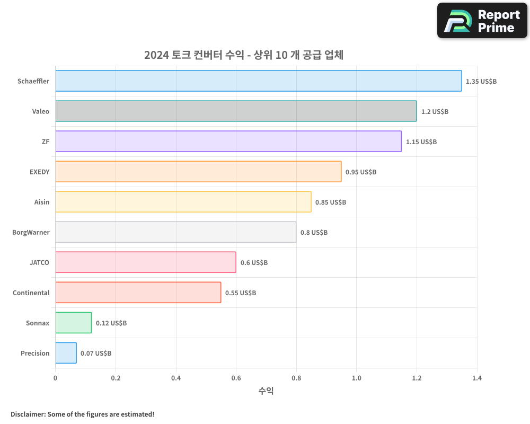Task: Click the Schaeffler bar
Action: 259,81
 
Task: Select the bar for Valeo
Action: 236,111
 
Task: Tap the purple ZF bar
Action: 228,142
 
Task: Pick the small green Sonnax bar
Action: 73,323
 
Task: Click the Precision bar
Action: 66,353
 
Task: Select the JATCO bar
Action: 146,262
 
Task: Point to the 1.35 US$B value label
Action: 481,82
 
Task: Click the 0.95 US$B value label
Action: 361,172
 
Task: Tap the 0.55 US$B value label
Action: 241,293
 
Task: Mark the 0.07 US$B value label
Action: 96,354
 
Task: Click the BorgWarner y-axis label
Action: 31,232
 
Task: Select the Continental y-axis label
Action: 31,293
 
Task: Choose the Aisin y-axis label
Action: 41,202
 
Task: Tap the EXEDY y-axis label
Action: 39,172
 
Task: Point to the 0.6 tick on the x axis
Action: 236,378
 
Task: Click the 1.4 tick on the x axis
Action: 477,378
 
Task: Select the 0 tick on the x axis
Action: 55,378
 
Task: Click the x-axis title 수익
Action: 266,391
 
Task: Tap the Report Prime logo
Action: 482,21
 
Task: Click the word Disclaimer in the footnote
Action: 28,414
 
